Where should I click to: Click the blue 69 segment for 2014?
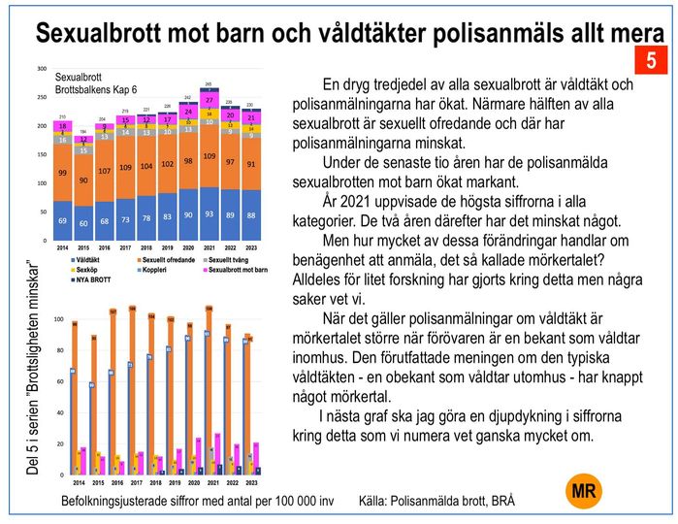coord(62,221)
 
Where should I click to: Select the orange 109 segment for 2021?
coord(210,156)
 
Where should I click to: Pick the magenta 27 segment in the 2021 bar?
coord(210,100)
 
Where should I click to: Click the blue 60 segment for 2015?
coord(84,223)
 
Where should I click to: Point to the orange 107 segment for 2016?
coord(105,171)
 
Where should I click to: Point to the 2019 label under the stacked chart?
coord(167,248)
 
